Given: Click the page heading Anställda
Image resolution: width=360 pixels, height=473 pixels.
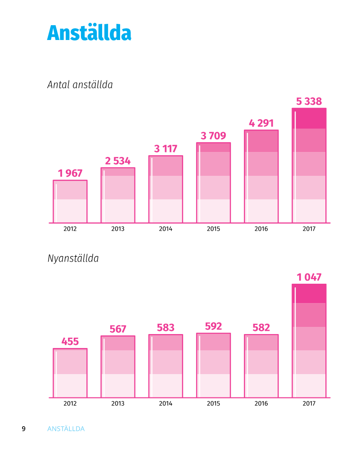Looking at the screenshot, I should point(89,33).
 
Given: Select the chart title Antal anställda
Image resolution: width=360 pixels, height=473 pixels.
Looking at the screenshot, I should point(80,85).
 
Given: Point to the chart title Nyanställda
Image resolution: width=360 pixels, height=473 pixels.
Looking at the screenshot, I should point(73,259).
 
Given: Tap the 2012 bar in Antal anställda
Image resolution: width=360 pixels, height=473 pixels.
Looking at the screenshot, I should point(70,201).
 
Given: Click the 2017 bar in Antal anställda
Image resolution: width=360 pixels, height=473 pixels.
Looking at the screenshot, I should point(309,165).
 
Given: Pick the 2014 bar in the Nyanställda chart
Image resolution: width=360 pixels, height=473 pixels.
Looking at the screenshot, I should point(166,366).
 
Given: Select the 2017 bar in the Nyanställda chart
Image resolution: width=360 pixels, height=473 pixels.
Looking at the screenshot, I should point(309,341).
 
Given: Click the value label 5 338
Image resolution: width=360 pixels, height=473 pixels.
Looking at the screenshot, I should point(309,102).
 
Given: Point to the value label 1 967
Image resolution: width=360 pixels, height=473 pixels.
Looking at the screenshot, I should point(70,174).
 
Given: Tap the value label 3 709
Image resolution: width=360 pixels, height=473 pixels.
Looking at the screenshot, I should point(213,136).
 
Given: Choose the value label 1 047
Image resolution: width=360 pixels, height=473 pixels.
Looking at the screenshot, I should point(309,277).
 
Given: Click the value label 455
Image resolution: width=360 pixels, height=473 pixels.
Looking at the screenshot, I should point(70,342).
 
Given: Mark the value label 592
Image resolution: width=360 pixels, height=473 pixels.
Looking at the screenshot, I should point(213,326).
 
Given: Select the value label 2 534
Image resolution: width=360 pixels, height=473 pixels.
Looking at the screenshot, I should point(118,161).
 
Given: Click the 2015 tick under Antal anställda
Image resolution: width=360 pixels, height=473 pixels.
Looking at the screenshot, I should point(213,229).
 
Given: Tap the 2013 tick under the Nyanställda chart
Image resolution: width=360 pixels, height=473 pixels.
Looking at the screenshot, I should point(118,403).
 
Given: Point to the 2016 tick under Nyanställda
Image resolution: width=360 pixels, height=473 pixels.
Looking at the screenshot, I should point(261,403).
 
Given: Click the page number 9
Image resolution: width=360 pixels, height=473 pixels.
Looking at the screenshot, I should point(24,429).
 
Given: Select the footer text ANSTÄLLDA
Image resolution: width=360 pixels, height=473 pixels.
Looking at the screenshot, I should point(66,429).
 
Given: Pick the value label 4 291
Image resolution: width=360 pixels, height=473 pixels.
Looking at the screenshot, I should point(261,123).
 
